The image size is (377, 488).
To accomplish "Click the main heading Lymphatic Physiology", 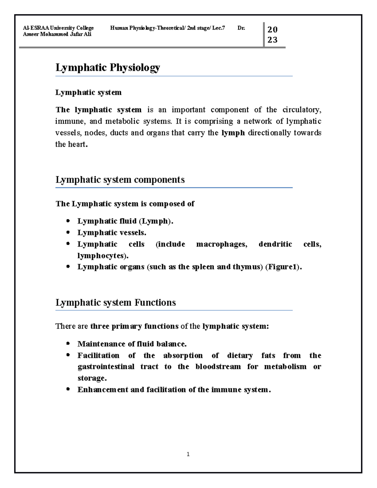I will pyautogui.click(x=108, y=68).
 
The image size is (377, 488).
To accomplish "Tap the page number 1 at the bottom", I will pyautogui.click(x=188, y=454).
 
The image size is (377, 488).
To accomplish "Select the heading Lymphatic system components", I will pyautogui.click(x=120, y=180).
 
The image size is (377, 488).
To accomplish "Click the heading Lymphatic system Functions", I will pyautogui.click(x=116, y=303).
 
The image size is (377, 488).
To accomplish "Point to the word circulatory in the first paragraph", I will pyautogui.click(x=302, y=110).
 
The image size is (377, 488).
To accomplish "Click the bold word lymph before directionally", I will pyautogui.click(x=233, y=133).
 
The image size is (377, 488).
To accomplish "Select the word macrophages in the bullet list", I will pyautogui.click(x=221, y=244).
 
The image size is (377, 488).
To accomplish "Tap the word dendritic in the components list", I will pyautogui.click(x=275, y=244).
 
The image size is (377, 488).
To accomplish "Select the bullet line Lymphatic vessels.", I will pyautogui.click(x=112, y=233).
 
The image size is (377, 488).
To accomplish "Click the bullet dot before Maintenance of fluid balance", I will pyautogui.click(x=68, y=343).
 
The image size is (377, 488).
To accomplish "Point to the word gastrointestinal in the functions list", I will pyautogui.click(x=106, y=367).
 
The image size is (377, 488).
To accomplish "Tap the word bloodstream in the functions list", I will pyautogui.click(x=218, y=367).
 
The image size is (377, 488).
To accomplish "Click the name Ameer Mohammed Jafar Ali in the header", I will pyautogui.click(x=57, y=34).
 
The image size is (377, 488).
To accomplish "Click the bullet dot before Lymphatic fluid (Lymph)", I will pyautogui.click(x=68, y=221).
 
